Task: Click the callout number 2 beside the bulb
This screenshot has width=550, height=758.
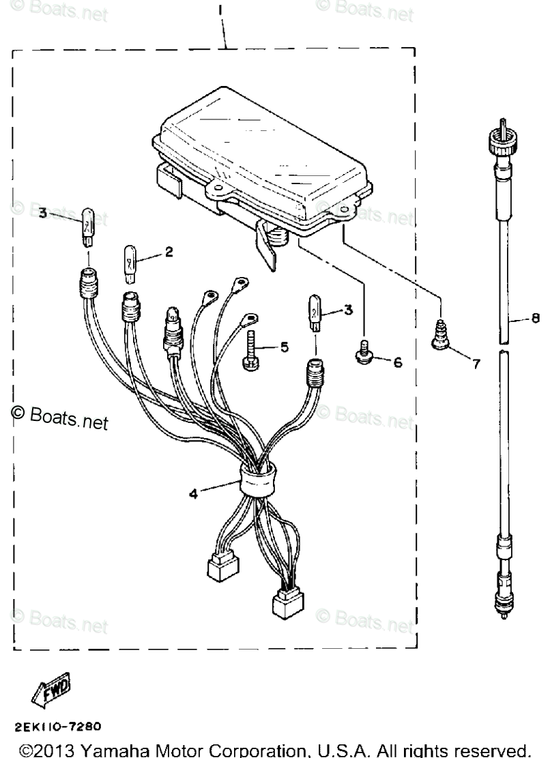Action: (168, 252)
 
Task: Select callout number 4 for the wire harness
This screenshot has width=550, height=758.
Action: (194, 493)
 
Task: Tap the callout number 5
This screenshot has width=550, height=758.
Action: (284, 347)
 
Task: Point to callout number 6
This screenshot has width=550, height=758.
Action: (398, 362)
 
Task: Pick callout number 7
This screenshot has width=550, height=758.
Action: (476, 364)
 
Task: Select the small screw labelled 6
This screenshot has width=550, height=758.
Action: (364, 353)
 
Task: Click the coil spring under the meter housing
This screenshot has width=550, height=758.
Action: (276, 238)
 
